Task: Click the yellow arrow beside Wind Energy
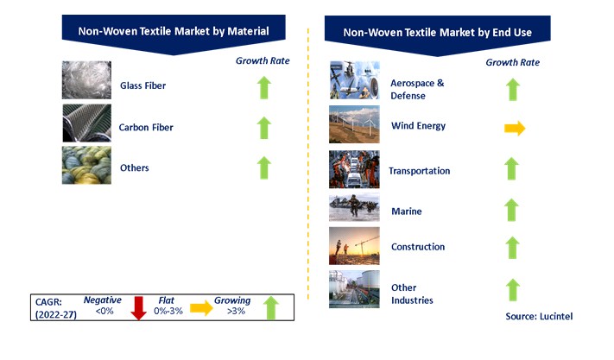pos(515,128)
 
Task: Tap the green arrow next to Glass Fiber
pos(264,87)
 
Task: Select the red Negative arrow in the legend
pos(138,308)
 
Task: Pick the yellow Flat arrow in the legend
pos(201,308)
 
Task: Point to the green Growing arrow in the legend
pos(271,307)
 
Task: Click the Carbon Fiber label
pos(146,128)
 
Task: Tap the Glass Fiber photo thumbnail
pos(86,79)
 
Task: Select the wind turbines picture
pos(354,124)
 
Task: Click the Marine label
pos(407,212)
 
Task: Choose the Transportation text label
pos(420,171)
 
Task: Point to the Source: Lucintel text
pos(539,316)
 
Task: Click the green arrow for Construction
pos(512,247)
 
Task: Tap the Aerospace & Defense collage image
pos(354,80)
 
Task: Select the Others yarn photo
pos(86,165)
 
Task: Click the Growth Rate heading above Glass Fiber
pos(263,60)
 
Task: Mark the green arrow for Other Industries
pos(513,289)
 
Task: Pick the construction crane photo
pos(354,246)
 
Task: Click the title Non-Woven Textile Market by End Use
pos(437,33)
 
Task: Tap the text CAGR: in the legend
pos(48,302)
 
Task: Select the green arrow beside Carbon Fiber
pos(264,128)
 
